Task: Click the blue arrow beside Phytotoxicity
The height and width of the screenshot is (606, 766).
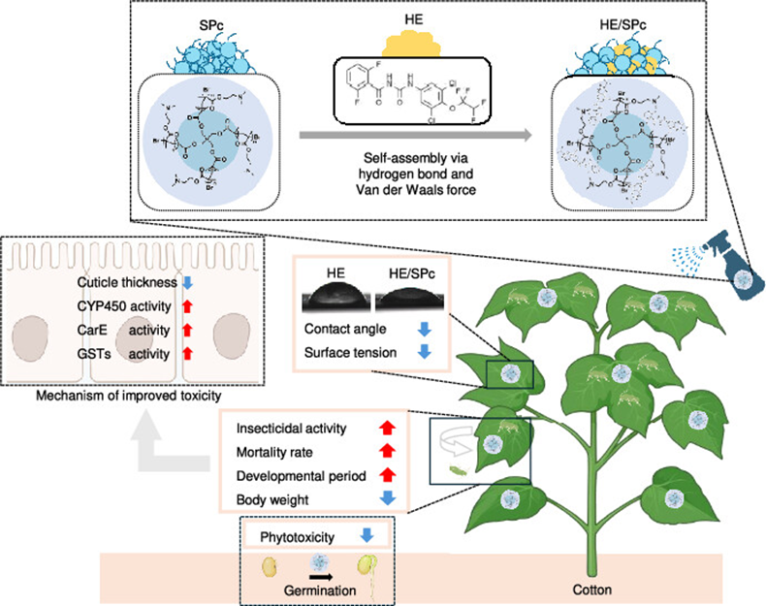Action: [370, 534]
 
